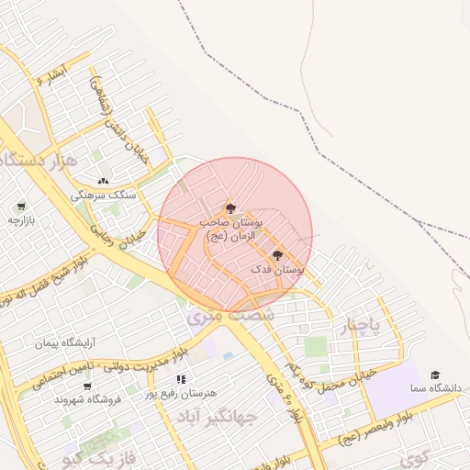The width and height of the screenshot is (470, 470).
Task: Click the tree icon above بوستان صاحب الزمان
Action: pyautogui.click(x=229, y=208)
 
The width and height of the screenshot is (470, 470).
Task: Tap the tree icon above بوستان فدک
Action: pyautogui.click(x=277, y=255)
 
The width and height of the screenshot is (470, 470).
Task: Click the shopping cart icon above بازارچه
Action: pyautogui.click(x=20, y=206)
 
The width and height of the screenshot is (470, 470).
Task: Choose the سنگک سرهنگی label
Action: pyautogui.click(x=104, y=196)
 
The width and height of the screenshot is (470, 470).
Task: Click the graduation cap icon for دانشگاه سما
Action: pyautogui.click(x=435, y=375)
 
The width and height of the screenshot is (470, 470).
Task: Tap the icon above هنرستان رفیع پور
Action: pyautogui.click(x=181, y=378)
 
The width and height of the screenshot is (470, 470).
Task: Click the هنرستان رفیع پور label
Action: pyautogui.click(x=181, y=393)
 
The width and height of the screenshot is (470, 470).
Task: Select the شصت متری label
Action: pyautogui.click(x=218, y=316)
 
